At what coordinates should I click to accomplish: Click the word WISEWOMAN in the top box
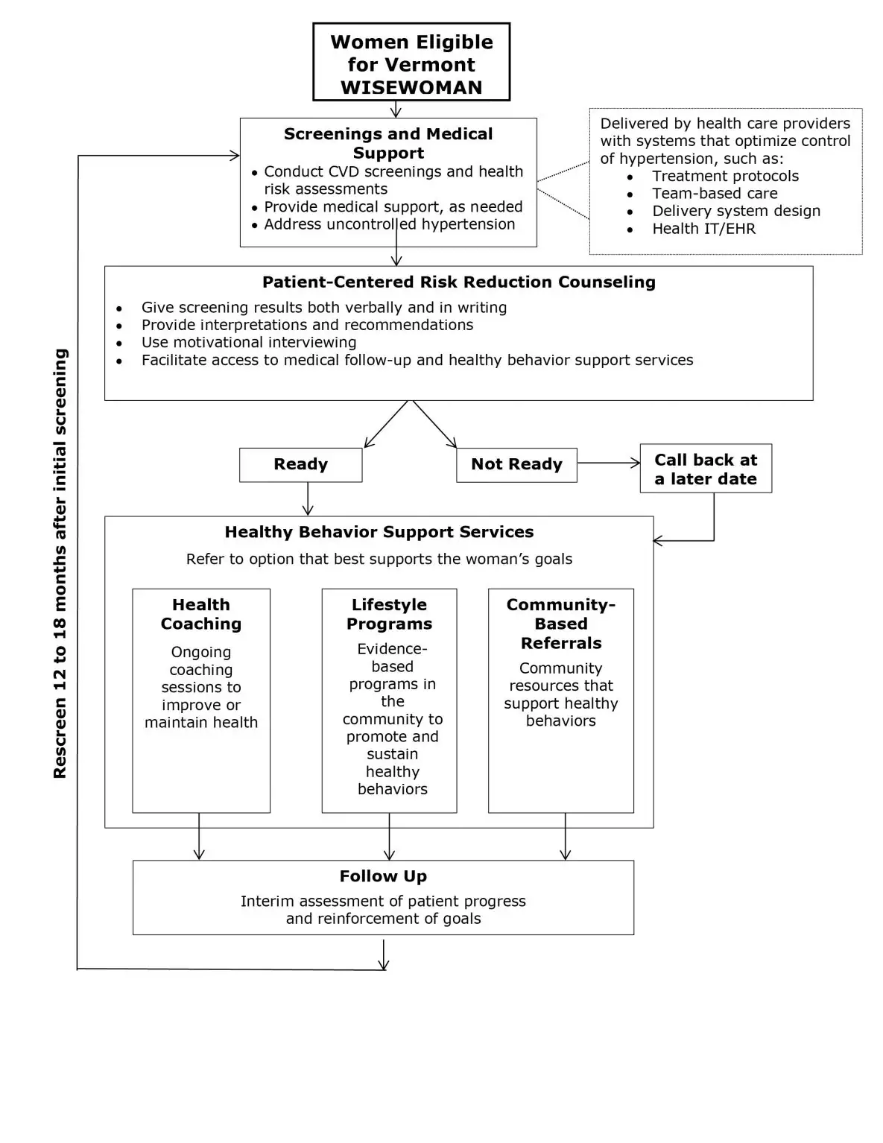coord(411,87)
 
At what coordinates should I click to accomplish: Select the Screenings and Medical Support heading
coord(388,143)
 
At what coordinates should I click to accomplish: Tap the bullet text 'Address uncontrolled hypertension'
coord(389,224)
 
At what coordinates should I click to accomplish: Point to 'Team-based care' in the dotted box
coord(714,194)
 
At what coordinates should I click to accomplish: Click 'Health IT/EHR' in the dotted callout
coord(703,229)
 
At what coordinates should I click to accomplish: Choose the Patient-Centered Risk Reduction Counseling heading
coord(458,282)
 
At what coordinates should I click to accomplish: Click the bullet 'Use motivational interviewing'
coord(249,343)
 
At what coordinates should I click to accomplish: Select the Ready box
coord(300,464)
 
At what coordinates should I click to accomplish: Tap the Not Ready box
coord(516,464)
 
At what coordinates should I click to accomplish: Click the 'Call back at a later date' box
coord(705,469)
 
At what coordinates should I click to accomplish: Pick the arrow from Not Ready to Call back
coord(608,463)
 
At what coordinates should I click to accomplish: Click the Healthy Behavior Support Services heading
coord(379,532)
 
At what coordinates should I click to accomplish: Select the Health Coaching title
coord(201,614)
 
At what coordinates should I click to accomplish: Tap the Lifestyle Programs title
coord(389,614)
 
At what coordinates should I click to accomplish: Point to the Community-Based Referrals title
coord(560,624)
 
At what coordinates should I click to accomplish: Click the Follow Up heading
coord(383,876)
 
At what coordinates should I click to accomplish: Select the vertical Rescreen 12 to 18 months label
coord(60,563)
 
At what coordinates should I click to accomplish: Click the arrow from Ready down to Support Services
coord(308,498)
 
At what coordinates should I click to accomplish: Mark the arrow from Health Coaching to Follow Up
coord(199,837)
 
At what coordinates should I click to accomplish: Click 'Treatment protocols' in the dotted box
coord(725,177)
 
